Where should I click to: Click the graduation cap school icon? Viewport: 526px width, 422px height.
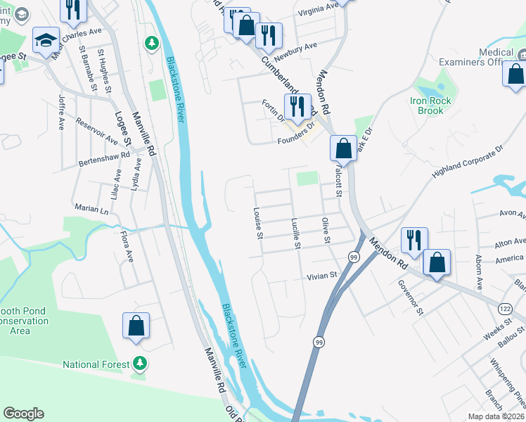[46, 40]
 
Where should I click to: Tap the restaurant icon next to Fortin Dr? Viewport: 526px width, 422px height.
[297, 106]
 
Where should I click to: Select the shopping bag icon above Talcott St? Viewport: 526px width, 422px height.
[343, 148]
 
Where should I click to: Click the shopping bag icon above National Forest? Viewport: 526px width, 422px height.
[136, 326]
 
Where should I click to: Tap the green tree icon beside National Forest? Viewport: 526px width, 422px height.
[141, 364]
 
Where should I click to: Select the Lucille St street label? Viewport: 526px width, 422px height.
[296, 234]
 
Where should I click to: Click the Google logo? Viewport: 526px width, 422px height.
[23, 414]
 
